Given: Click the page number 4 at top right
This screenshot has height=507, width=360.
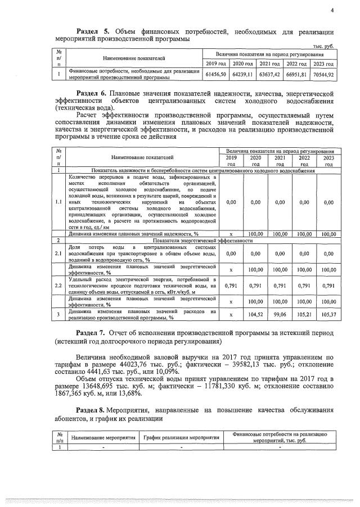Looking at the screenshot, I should click(x=332, y=10).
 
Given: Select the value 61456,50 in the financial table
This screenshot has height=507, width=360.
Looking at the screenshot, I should click(x=216, y=74).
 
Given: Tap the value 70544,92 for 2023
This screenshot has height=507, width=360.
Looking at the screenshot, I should click(x=323, y=74).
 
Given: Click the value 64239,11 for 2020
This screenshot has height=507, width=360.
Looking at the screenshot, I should click(x=243, y=74).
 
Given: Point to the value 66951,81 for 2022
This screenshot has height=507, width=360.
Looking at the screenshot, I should click(x=296, y=74).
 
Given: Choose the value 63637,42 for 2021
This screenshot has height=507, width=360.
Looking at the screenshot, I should click(x=269, y=74).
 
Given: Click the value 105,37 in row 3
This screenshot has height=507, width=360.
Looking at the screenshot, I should click(x=328, y=314).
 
